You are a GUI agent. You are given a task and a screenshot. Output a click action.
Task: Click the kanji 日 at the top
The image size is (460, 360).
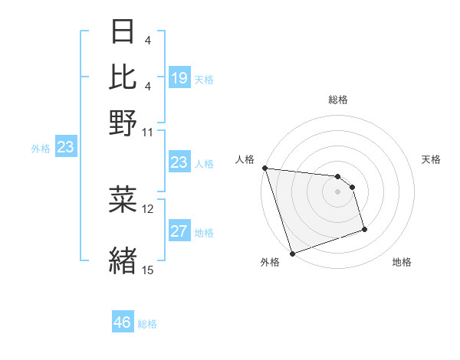[123, 32]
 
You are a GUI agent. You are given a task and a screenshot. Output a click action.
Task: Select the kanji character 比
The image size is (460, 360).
[123, 77]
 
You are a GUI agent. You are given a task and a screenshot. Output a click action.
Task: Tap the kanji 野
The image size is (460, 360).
[123, 122]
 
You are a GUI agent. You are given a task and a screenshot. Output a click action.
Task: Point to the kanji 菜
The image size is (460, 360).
[123, 199]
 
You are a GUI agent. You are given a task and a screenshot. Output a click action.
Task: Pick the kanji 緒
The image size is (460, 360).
[123, 258]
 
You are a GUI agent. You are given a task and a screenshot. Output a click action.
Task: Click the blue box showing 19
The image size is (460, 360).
[179, 78]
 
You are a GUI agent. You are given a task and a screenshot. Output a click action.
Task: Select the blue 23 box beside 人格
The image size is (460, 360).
[179, 162]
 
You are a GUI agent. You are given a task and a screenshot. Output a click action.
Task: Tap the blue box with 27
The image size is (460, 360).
[179, 232]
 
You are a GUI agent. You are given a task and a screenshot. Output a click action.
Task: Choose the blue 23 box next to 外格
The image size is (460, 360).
[65, 148]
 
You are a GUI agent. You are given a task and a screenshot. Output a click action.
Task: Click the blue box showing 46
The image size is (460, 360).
[123, 322]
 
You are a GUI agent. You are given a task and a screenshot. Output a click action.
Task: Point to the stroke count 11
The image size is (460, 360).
[147, 132]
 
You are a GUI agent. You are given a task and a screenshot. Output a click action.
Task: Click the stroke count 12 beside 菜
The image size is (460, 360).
[148, 208]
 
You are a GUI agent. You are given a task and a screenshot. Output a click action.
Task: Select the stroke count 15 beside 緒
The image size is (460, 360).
[148, 270]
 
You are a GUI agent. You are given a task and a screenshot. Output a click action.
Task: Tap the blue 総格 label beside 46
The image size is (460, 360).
[147, 324]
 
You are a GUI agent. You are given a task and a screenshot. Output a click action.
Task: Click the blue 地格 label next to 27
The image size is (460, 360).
[204, 233]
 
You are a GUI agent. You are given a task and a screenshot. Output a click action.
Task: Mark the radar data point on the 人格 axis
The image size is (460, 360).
[264, 168]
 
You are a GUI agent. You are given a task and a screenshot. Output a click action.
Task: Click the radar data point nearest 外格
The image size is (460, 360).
[292, 254]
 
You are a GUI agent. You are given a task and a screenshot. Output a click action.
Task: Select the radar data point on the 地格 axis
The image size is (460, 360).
[364, 229]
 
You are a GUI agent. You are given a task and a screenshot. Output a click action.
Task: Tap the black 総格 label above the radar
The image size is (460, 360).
[337, 100]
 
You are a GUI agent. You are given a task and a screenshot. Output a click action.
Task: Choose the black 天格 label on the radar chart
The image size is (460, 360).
[431, 159]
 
